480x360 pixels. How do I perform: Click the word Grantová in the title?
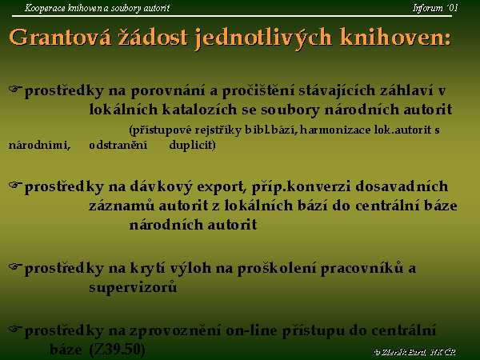point(60,38)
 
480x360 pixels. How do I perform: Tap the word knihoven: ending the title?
point(395,38)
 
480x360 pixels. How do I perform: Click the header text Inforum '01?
point(435,8)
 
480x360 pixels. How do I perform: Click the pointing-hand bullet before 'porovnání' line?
point(15,89)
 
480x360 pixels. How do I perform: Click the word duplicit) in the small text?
point(192,145)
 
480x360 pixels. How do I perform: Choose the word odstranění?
point(118,145)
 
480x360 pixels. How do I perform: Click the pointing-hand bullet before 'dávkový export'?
point(15,185)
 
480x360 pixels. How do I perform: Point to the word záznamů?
point(122,206)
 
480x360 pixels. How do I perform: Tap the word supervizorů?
point(133,288)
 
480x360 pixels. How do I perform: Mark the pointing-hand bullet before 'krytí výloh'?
point(15,266)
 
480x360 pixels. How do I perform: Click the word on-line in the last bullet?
point(251,331)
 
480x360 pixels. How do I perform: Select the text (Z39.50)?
point(118,350)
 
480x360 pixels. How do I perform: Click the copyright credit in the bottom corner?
point(415,352)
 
